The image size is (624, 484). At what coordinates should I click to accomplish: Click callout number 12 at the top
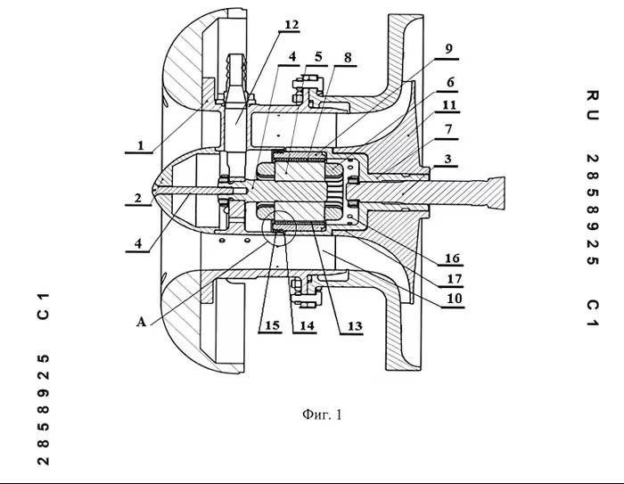291,25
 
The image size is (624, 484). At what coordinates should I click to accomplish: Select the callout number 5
318,56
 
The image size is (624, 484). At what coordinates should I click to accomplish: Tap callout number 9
448,49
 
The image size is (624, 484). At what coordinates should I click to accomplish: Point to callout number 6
450,82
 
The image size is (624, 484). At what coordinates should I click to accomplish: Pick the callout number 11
449,105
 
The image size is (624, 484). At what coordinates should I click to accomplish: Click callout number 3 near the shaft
447,159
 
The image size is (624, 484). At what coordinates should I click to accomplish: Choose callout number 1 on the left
140,145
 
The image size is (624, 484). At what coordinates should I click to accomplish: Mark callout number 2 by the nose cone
137,198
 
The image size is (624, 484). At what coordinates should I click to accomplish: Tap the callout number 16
452,258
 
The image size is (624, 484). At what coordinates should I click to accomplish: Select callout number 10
455,299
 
